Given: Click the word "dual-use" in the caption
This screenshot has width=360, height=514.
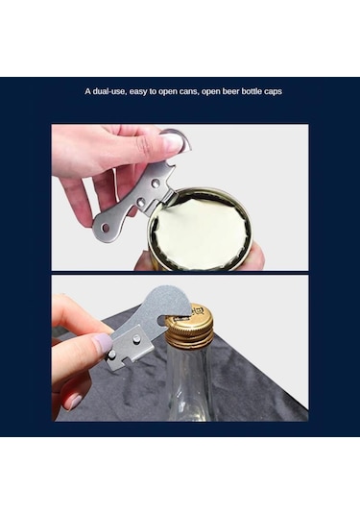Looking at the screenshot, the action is tap(109, 91).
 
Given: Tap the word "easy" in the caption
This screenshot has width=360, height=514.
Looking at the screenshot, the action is tap(138, 91).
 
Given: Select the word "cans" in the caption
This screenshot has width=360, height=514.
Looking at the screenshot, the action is tap(188, 91).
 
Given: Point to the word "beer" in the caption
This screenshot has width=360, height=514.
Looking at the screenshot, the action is tap(231, 91).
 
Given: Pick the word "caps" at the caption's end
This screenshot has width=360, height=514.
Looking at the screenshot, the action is tap(273, 92).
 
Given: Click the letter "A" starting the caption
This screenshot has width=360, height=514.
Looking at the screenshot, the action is tap(87, 91).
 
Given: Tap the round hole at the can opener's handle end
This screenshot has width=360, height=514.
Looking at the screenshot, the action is tap(106, 227).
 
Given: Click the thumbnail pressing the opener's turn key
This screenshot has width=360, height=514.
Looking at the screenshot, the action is tap(172, 141).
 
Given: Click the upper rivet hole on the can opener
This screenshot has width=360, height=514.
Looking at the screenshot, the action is tap(156, 183).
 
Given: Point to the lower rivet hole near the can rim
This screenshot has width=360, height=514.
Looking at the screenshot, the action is tap(141, 203).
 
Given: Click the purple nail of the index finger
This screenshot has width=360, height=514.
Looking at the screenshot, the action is tap(102, 343).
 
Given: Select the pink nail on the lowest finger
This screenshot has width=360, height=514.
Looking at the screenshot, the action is tap(74, 402).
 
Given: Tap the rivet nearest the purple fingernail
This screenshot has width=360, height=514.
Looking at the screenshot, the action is tap(112, 354).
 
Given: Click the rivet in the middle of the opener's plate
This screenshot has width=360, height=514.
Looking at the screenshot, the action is tap(136, 339).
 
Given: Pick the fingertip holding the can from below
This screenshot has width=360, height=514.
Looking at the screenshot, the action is tap(256, 257).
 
